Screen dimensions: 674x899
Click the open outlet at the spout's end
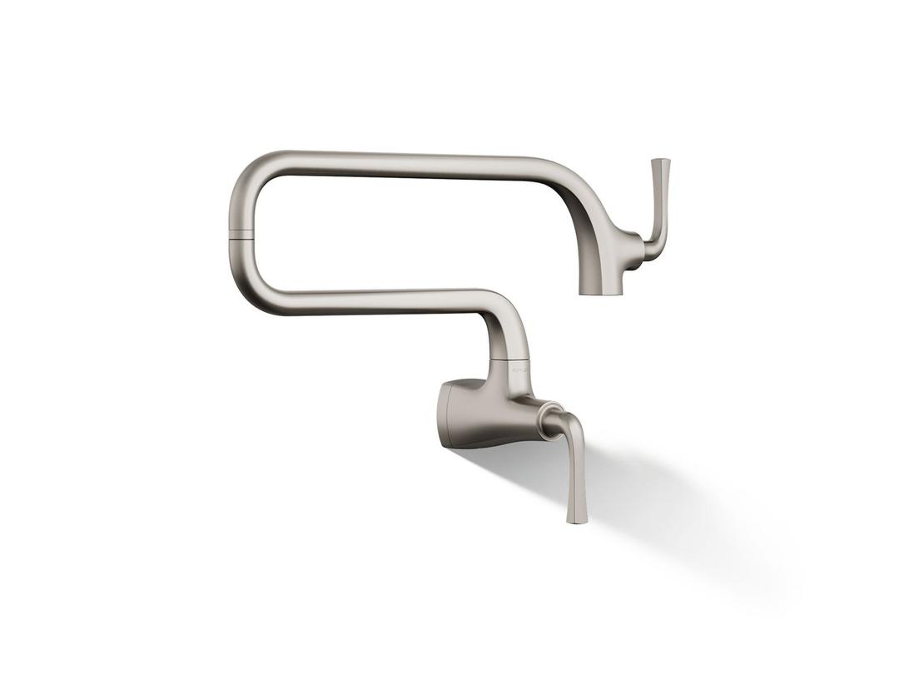point(600,292)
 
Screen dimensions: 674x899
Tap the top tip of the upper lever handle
point(661,161)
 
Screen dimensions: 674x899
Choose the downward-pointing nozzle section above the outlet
point(600,266)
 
